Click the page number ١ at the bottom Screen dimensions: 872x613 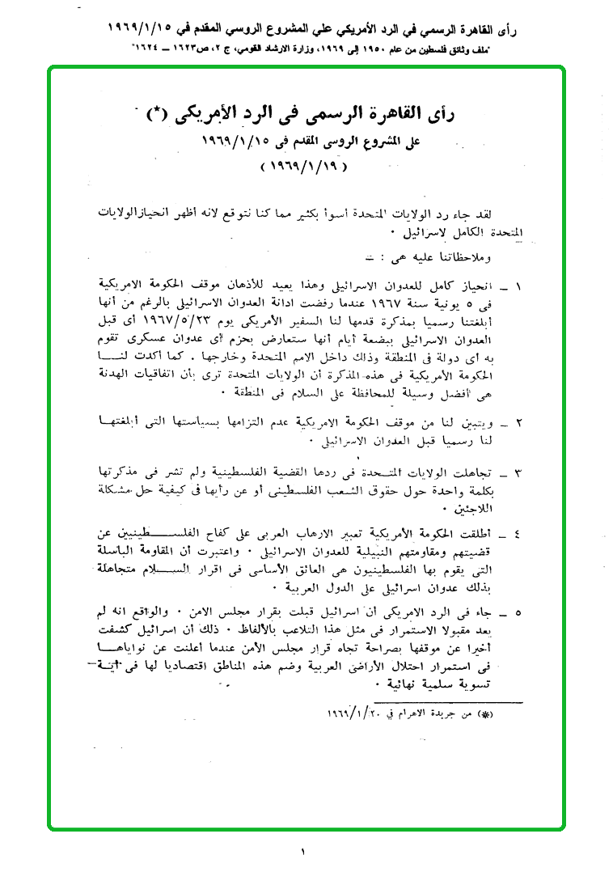pyautogui.click(x=305, y=852)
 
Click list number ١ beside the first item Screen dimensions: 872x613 pyautogui.click(x=518, y=287)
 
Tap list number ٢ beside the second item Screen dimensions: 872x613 pyautogui.click(x=518, y=422)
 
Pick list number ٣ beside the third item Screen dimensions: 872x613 pyautogui.click(x=518, y=473)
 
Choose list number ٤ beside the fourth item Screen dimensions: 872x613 pyautogui.click(x=518, y=535)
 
